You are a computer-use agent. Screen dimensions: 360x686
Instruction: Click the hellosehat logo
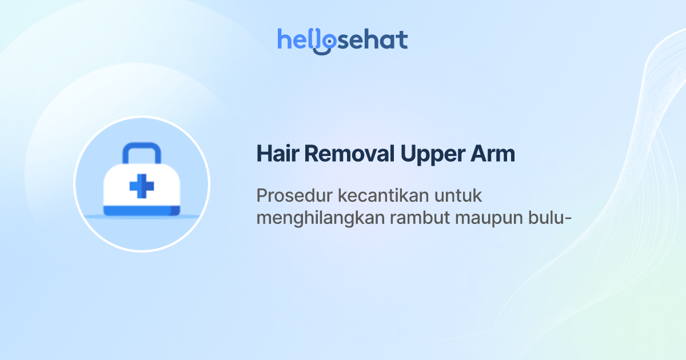click(x=342, y=41)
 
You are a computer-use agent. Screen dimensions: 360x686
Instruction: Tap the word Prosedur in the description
click(x=294, y=195)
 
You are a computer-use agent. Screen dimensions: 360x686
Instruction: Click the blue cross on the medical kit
click(x=142, y=187)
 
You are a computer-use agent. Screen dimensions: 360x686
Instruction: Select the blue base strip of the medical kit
click(x=142, y=211)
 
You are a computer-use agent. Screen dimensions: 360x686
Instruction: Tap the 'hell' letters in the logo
click(x=296, y=40)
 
